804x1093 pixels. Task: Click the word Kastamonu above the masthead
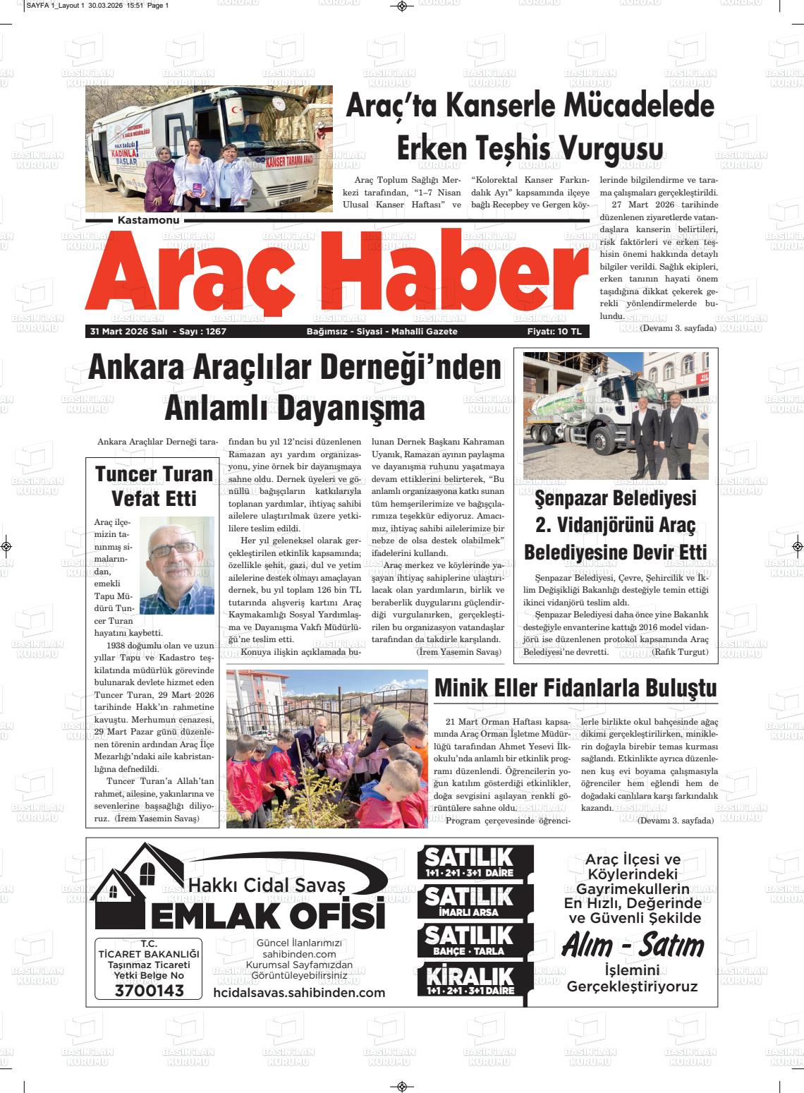click(x=149, y=221)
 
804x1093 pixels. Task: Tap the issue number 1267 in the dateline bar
click(x=214, y=331)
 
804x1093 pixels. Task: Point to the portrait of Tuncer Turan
click(x=176, y=564)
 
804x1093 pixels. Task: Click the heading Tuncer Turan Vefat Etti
click(x=154, y=486)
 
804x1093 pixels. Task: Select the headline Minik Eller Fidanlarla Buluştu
click(x=575, y=688)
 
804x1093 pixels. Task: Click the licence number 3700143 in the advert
click(x=149, y=990)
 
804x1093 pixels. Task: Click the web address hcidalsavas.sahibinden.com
click(x=299, y=993)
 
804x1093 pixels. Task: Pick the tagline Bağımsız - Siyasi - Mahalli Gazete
click(x=382, y=331)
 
